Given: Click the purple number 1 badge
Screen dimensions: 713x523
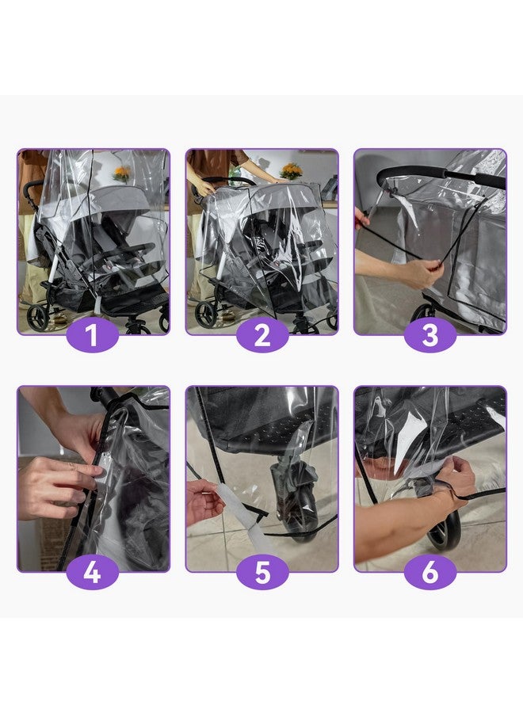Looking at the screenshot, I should point(93,335).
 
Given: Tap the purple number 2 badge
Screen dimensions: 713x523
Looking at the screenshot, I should point(261,335).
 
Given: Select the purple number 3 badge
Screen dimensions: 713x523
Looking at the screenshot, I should point(429,335).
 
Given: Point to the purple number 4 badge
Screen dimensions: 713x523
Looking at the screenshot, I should point(93,572).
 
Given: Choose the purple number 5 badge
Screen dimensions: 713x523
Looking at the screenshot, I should point(261,572).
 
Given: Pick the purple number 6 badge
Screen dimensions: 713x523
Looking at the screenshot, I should point(429,572).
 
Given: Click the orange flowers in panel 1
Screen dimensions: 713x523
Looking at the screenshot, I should point(121,172).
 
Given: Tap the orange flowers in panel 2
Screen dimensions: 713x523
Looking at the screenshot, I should point(292,170).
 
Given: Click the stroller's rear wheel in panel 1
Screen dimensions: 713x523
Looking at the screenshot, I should point(37,318).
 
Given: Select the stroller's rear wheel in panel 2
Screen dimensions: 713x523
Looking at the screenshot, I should point(206,315).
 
